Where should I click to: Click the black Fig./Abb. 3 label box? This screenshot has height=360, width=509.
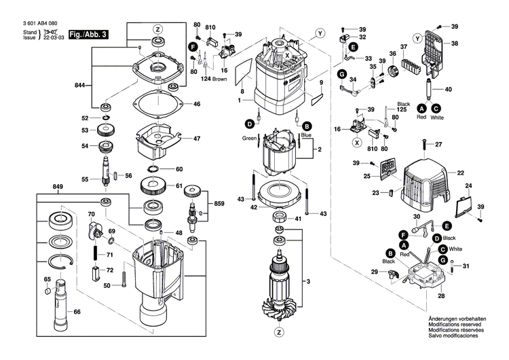pos(88,34)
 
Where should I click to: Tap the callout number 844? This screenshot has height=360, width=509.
pos(79,85)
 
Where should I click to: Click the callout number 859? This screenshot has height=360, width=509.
pos(219,204)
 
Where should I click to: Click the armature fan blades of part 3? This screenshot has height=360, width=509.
pos(284,299)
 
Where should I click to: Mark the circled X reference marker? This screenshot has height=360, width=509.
pos(357,143)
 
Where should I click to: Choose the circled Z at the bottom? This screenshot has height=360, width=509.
pos(279,332)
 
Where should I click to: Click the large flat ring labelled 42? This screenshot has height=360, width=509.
pos(278,194)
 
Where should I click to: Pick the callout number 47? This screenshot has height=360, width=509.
pos(196,139)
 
